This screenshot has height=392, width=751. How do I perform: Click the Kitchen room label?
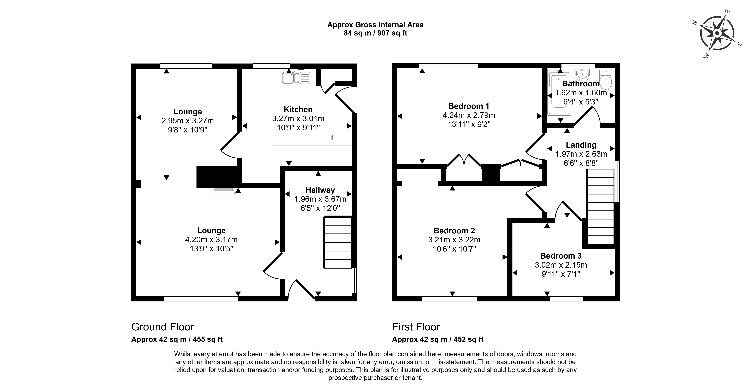pos(298,109)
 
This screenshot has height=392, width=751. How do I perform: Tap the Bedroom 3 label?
pos(561,256)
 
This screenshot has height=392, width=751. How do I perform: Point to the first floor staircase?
pos(601,207)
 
